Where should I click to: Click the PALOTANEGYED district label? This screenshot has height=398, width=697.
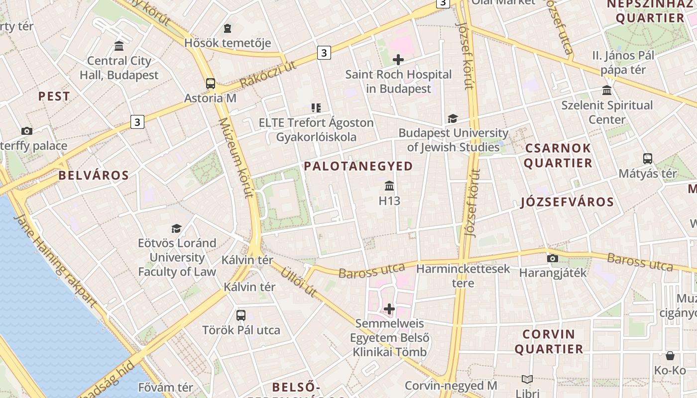[358, 166]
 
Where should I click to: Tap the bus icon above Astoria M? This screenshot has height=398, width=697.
[211, 83]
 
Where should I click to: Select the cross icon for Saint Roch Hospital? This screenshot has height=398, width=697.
[398, 60]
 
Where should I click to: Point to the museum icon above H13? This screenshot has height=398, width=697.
[389, 186]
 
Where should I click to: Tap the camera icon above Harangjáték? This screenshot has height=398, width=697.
[552, 258]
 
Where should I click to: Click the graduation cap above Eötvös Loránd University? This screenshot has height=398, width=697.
[177, 228]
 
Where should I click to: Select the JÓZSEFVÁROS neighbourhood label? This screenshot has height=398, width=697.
[567, 202]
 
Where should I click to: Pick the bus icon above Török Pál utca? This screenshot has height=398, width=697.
[241, 315]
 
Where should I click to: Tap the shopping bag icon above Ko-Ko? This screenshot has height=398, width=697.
[670, 356]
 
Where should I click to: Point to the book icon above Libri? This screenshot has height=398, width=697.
[527, 379]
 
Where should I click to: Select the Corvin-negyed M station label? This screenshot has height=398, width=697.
[451, 386]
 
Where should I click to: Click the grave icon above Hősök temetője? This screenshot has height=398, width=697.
[228, 28]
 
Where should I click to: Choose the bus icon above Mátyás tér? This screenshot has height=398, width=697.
[647, 159]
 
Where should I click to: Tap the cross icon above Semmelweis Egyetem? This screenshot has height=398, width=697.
[389, 309]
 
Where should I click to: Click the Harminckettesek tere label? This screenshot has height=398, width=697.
[463, 276]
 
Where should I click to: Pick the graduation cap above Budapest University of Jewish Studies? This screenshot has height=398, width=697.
[453, 118]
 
